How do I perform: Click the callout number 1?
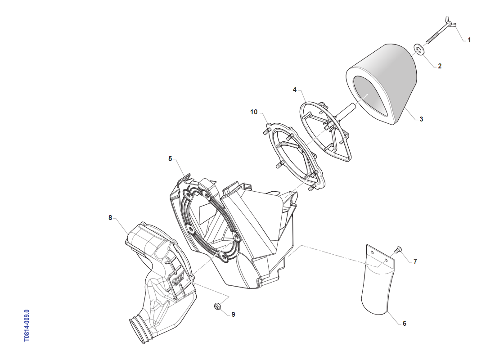[x=469, y=40]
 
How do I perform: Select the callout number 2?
[x=440, y=66]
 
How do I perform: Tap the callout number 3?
[x=421, y=119]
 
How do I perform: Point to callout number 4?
[x=295, y=90]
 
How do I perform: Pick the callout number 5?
[x=171, y=158]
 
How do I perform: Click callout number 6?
[x=404, y=323]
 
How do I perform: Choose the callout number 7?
[x=415, y=261]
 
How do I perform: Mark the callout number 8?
[x=110, y=218]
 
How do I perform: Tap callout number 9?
[x=233, y=315]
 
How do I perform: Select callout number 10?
[x=254, y=112]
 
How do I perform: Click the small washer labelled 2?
[x=418, y=48]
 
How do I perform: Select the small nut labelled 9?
[x=216, y=306]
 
